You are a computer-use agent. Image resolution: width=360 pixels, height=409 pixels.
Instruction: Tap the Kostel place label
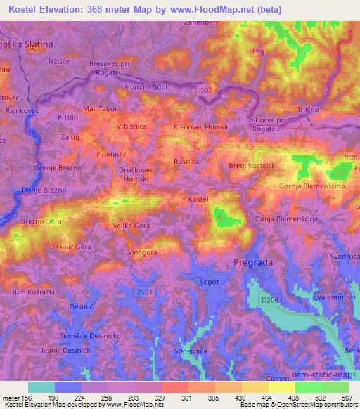tap(199, 200)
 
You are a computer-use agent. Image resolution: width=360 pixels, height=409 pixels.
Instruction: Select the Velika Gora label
tap(131, 226)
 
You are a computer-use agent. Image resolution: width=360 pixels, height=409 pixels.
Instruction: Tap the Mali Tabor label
tap(99, 109)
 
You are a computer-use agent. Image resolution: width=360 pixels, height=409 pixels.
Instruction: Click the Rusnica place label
tap(186, 161)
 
